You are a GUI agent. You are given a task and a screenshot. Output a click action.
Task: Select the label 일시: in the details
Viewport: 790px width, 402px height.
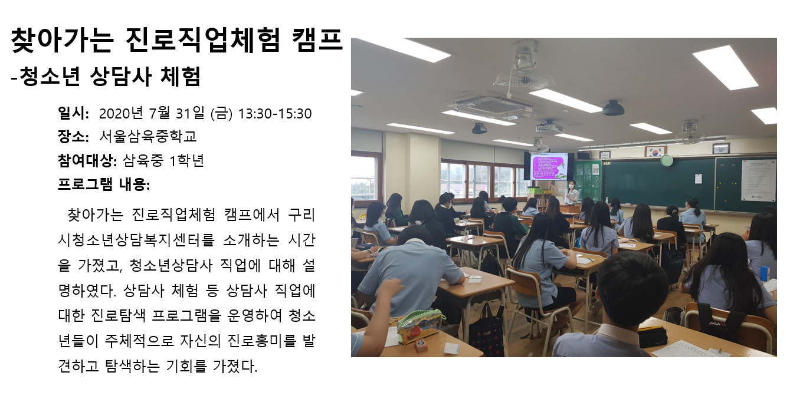tap(73, 113)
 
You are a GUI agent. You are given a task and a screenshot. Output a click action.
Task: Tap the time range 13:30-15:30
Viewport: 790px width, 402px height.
tap(275, 114)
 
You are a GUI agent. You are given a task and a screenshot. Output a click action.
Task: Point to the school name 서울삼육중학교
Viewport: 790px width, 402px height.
tap(147, 136)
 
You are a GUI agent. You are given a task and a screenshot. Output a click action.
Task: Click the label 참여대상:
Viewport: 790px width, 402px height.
tap(87, 161)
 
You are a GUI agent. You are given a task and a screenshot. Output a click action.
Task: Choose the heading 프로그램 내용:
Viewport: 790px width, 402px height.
tap(104, 184)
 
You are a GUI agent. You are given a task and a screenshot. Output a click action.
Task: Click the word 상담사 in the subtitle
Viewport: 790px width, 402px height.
tap(120, 76)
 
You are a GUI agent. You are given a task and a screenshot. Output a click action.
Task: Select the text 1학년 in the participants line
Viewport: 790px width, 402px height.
tap(187, 161)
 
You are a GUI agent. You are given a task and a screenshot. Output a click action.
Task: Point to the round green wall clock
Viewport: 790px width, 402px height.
tap(667, 161)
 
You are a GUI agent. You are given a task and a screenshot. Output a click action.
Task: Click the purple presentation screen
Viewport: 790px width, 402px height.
tap(549, 167)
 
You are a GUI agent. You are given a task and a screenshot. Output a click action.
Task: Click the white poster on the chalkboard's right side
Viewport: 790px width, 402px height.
tap(758, 180)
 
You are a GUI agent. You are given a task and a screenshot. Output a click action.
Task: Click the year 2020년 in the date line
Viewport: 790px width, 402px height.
tap(121, 113)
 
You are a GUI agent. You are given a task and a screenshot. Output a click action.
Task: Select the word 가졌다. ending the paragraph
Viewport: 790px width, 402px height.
tap(235, 367)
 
